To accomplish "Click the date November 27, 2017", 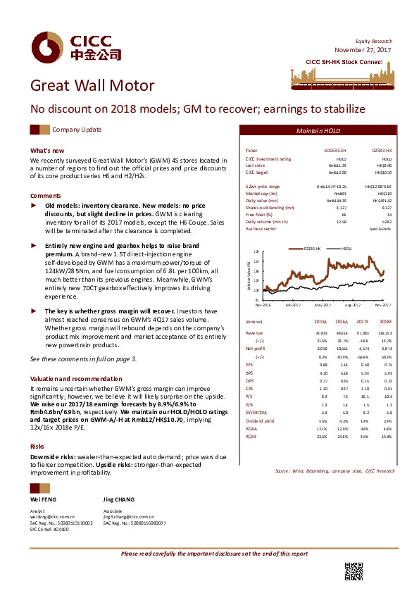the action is click(363, 49).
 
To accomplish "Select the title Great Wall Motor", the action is click(92, 87).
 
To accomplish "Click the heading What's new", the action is click(47, 151).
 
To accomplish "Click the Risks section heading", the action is click(37, 427).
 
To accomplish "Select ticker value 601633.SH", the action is click(337, 151).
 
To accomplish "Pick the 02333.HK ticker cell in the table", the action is click(381, 151).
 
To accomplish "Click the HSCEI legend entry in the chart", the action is click(345, 249).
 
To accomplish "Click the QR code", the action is click(354, 571).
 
